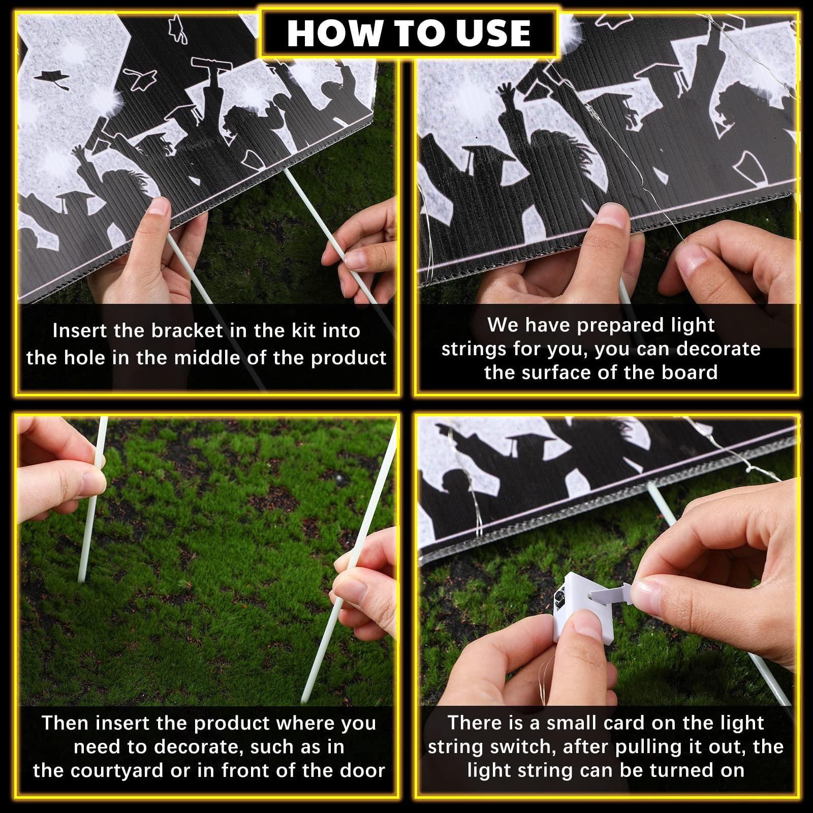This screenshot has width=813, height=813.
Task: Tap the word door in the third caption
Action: click(x=363, y=770)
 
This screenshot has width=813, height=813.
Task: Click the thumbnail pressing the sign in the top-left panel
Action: click(x=161, y=207)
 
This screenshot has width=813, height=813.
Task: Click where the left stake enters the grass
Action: click(x=81, y=578)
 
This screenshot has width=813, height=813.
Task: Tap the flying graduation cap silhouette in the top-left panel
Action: click(x=52, y=78)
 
